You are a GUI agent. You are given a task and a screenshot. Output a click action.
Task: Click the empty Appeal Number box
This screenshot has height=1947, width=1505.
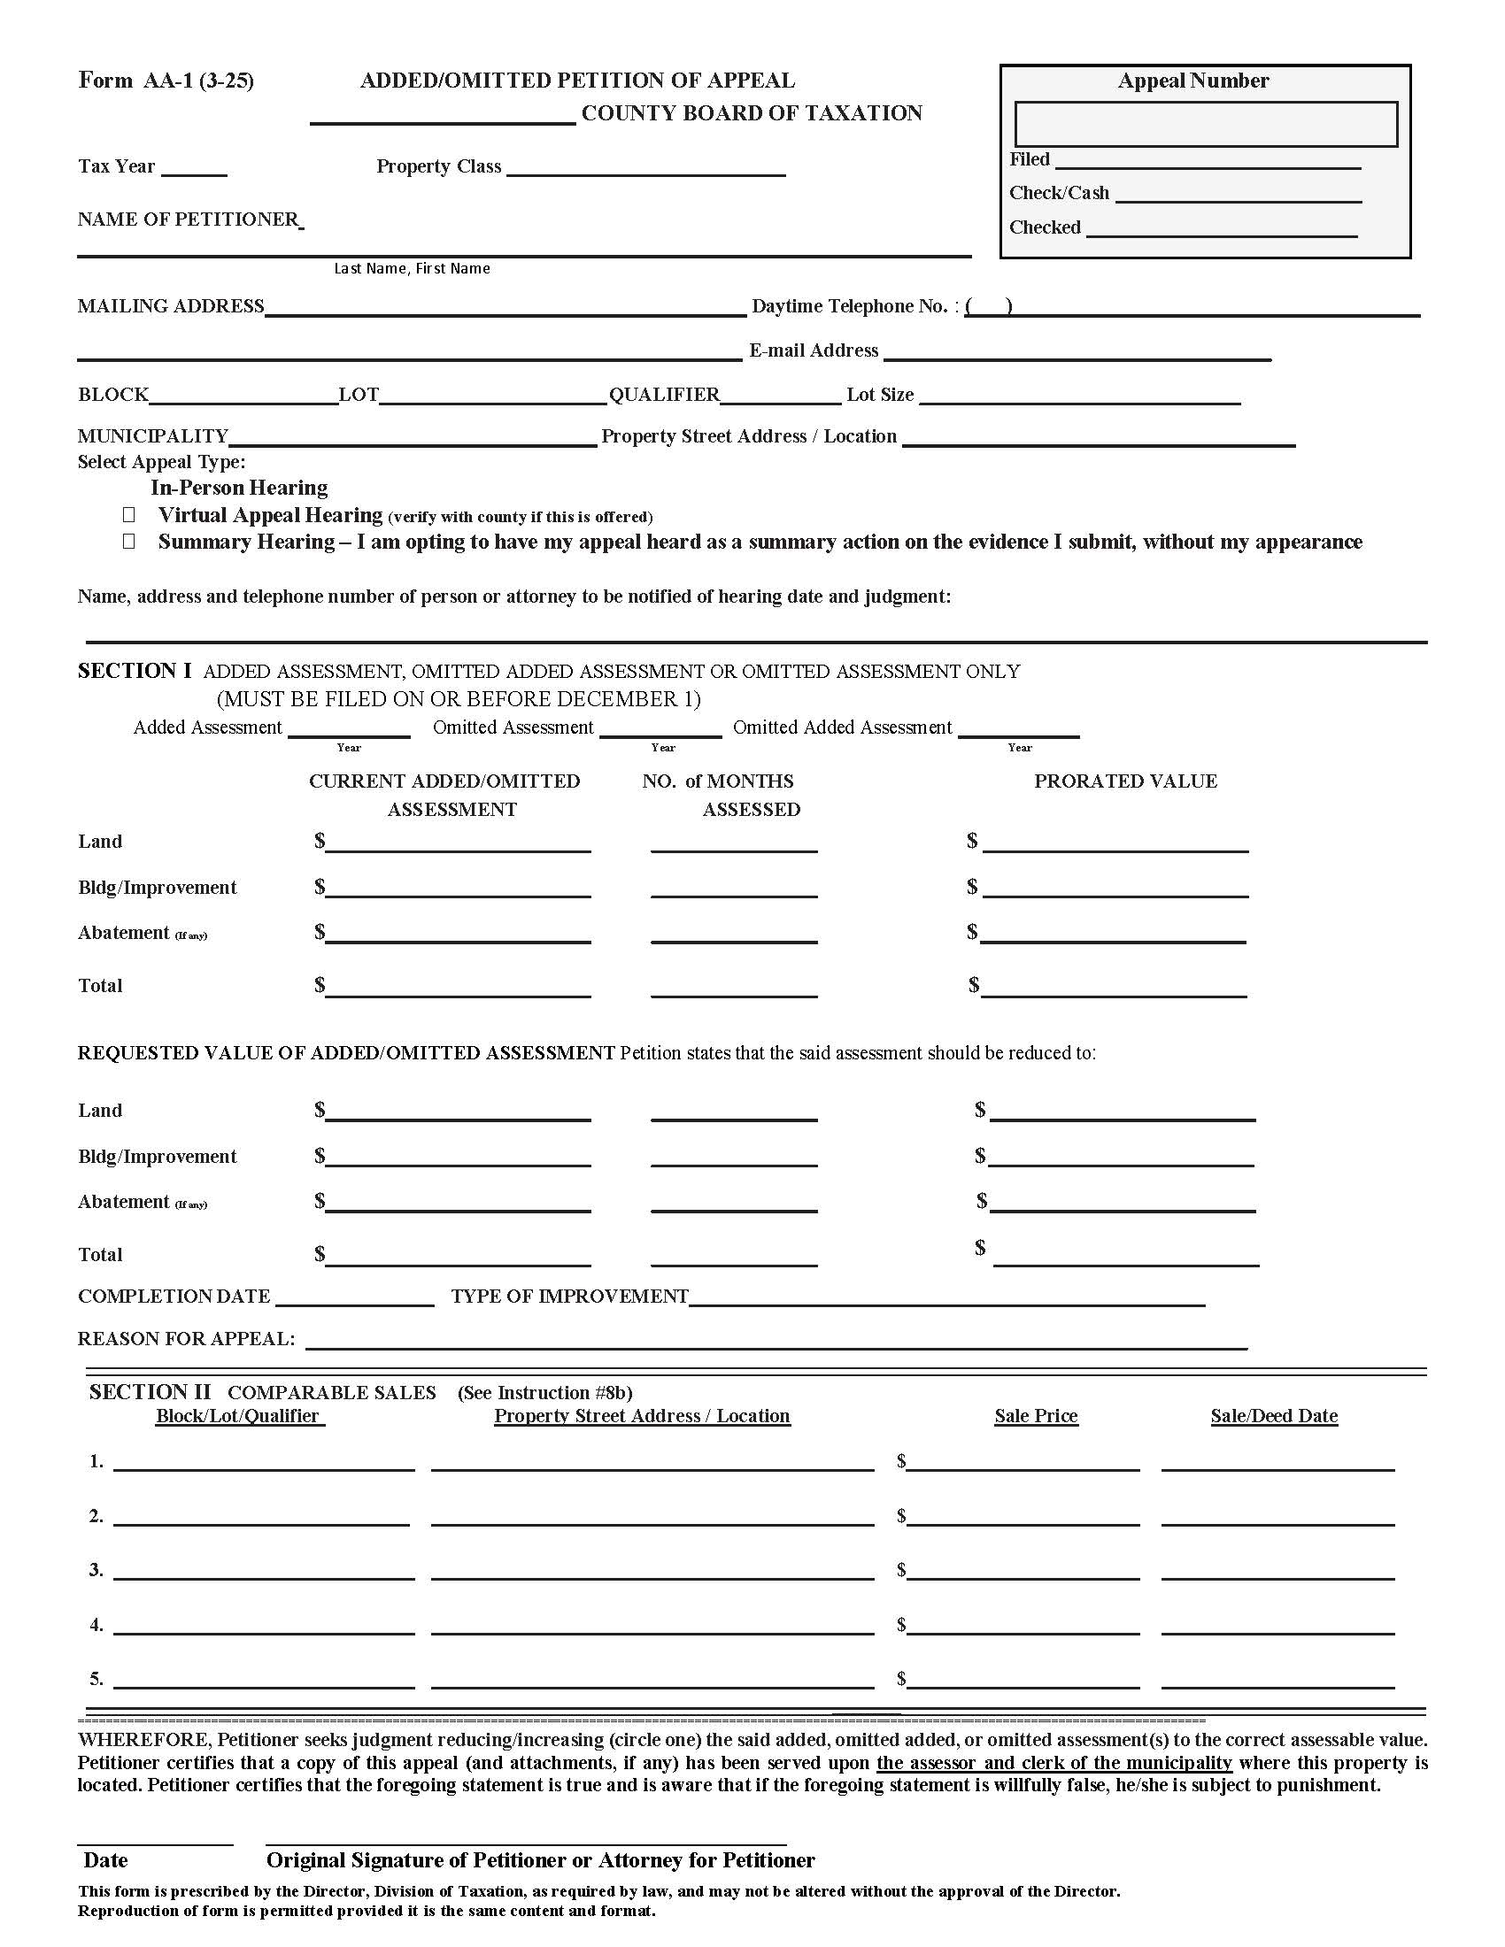pos(1206,124)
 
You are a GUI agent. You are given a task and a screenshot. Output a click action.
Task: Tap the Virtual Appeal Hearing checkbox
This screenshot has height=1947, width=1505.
pos(129,515)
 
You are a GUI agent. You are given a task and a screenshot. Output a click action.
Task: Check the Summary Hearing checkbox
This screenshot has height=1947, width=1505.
pos(129,542)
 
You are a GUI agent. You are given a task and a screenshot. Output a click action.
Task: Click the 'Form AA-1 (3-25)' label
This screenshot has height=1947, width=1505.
pos(166,81)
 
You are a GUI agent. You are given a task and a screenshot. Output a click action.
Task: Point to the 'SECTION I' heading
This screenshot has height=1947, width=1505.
pos(134,672)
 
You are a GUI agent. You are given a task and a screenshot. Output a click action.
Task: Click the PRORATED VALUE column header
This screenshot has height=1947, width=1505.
pos(1125,781)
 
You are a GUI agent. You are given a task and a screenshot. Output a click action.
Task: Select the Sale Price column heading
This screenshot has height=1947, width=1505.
pos(1036,1417)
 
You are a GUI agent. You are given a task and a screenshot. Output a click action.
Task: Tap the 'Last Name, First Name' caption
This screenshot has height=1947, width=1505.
pos(412,268)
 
